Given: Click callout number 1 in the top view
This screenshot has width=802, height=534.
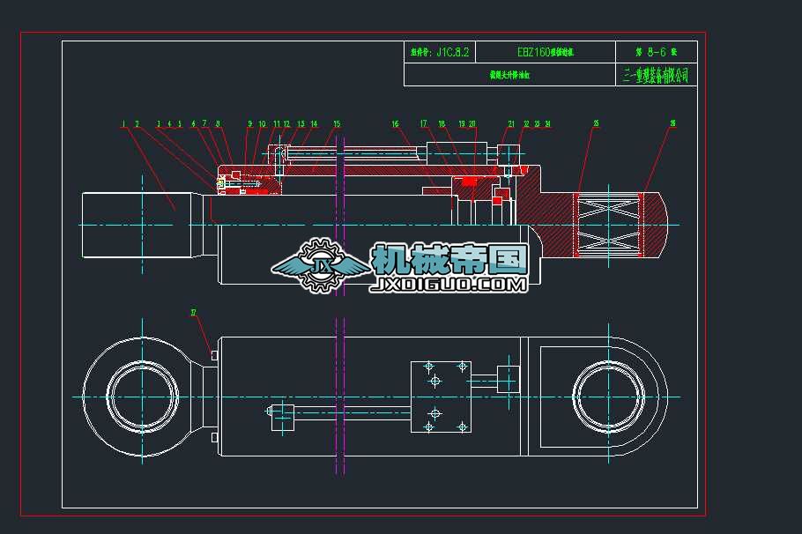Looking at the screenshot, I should (124, 124).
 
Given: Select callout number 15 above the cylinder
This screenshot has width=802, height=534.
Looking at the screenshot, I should (337, 124).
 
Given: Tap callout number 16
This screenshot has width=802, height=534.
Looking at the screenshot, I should (396, 124).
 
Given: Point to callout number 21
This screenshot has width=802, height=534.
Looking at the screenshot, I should (511, 124).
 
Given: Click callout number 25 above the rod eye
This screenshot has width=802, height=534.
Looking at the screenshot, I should (596, 124).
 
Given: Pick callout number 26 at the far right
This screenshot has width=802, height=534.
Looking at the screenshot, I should (673, 124).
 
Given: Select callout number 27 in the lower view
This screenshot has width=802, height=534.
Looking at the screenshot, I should (194, 312).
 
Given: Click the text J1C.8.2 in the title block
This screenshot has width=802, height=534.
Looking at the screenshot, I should (440, 53).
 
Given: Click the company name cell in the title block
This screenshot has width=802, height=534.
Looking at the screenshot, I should (656, 76).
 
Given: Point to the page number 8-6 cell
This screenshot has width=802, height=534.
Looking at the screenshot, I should (656, 53).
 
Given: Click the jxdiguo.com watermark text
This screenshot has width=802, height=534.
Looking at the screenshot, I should (450, 285).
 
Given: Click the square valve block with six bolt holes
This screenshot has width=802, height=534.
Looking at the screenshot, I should (441, 397).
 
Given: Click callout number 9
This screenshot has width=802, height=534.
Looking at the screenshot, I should (249, 124).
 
